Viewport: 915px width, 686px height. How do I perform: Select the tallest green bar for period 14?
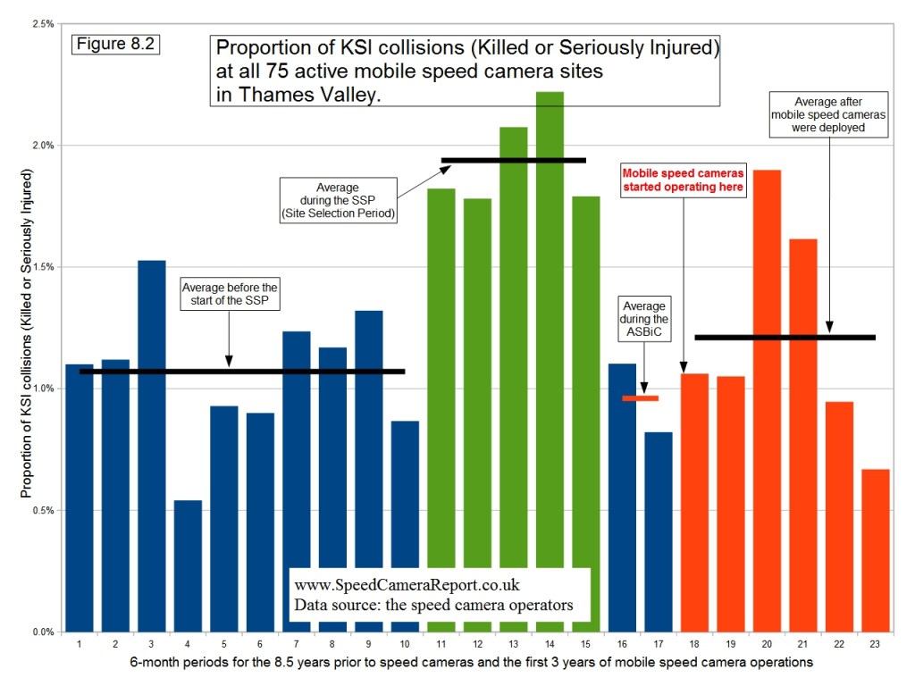[550, 357]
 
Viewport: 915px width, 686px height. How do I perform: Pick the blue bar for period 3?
[151, 447]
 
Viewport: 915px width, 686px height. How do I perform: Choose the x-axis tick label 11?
[441, 644]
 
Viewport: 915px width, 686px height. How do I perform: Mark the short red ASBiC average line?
[640, 398]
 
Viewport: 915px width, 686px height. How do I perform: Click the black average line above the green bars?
[514, 160]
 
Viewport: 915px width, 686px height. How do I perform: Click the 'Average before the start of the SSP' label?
[230, 294]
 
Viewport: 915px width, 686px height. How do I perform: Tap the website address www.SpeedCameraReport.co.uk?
[407, 585]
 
